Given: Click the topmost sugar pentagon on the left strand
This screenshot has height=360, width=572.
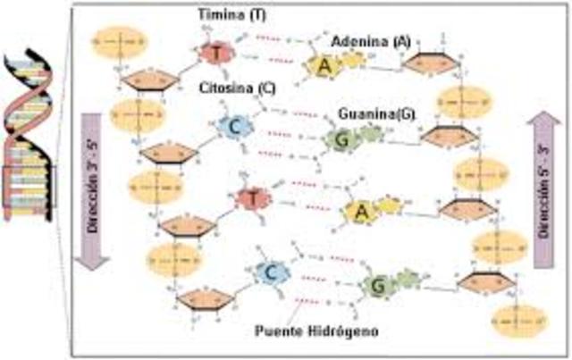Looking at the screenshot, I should coord(147,80).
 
